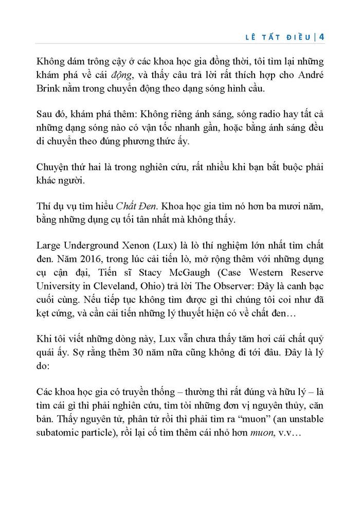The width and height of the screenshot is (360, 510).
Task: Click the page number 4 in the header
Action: coord(321,37)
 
